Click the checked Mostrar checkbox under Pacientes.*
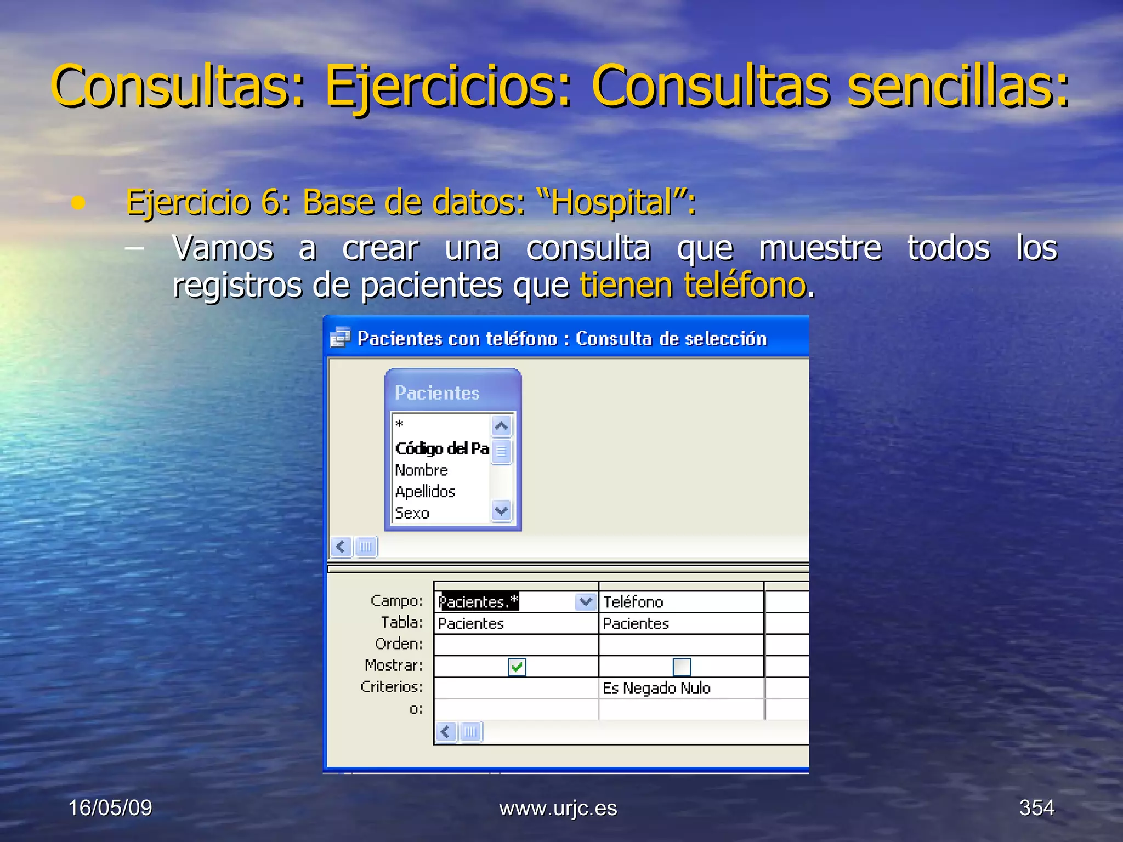tap(517, 667)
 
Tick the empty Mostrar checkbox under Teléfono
tap(682, 667)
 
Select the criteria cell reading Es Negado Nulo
tap(656, 688)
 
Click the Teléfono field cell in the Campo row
tap(633, 602)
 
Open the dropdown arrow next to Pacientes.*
tap(586, 602)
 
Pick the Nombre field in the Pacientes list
tap(421, 470)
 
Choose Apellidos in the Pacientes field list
tap(425, 492)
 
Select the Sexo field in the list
tap(412, 513)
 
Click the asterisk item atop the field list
tap(400, 424)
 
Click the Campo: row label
tap(396, 601)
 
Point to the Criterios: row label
tap(392, 687)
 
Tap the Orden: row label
tap(399, 644)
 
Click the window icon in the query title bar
tap(340, 338)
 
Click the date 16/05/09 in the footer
tap(110, 808)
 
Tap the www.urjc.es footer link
tap(558, 809)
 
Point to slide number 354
tap(1036, 808)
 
